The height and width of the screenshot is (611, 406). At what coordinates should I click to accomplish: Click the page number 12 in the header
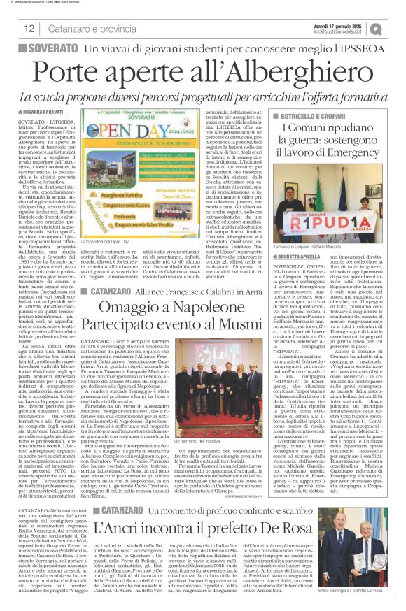coord(29,29)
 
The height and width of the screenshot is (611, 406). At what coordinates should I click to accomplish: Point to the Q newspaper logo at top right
coord(396,29)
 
